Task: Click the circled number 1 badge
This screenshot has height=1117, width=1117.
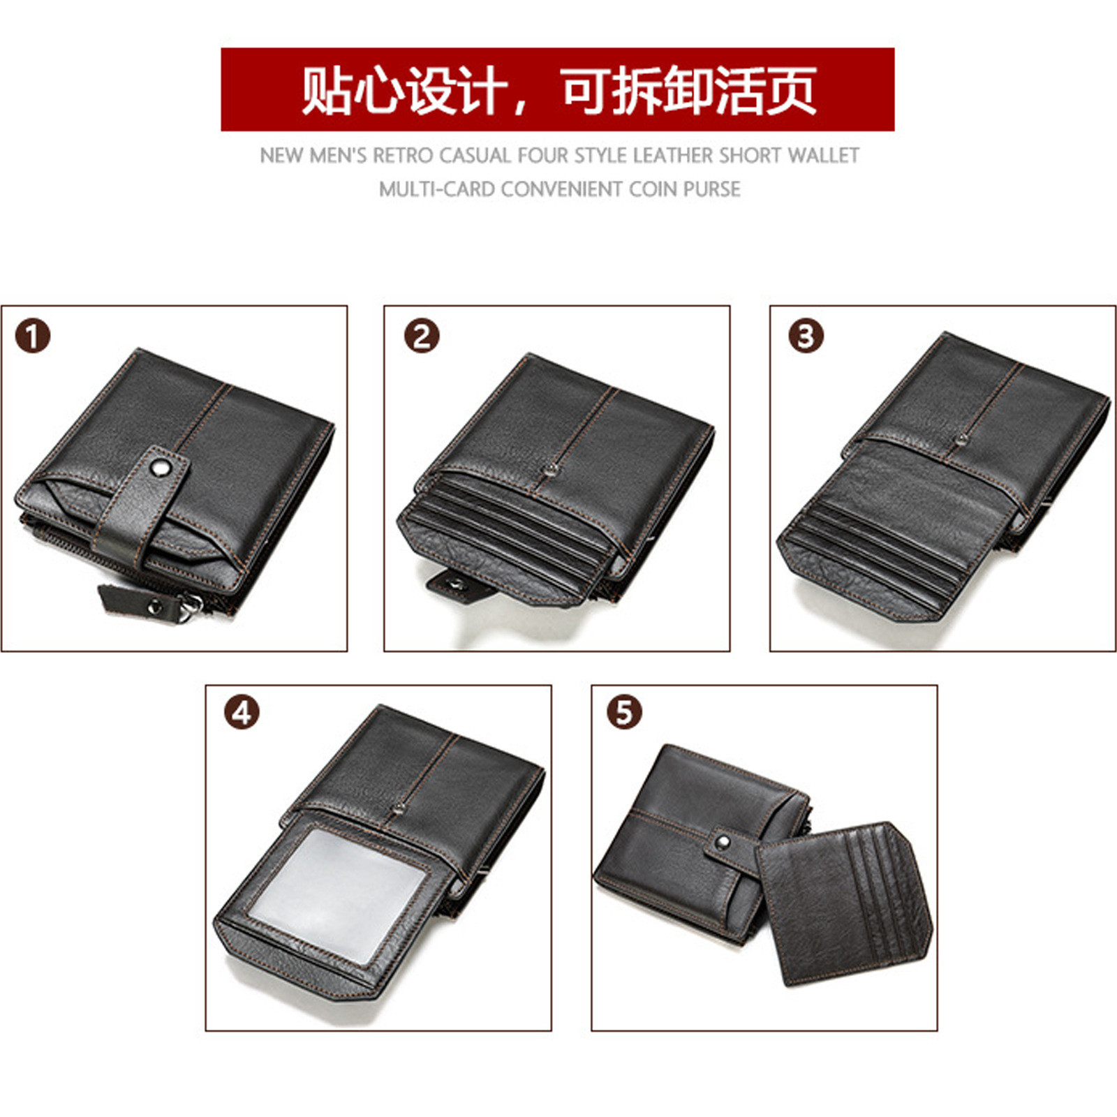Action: pos(33,336)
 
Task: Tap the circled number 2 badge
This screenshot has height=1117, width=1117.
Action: pos(422,336)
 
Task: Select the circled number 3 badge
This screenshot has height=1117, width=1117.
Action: pos(806,336)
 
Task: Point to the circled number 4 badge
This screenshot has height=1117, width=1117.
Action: pos(242,713)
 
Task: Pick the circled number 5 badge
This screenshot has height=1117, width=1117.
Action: pos(624,713)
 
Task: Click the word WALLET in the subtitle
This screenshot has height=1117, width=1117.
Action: pos(823,155)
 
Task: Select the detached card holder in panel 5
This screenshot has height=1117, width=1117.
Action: pos(845,904)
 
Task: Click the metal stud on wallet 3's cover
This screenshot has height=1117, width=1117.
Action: pos(963,439)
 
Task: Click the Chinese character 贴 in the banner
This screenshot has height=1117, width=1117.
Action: pos(327,89)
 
